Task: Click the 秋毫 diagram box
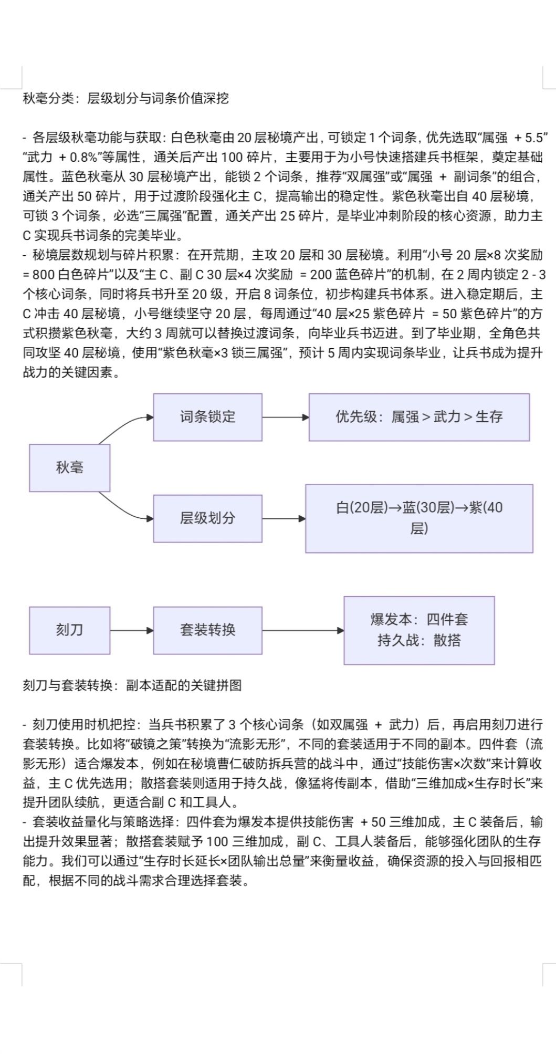coord(69,467)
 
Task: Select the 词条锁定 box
coord(207,417)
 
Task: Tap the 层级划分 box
coord(207,518)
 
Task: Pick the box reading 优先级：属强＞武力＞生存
coord(419,417)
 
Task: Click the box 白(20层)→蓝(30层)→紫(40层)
coord(419,518)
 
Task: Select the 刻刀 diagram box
coord(69,630)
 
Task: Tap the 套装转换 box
coord(207,630)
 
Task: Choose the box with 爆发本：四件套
coord(419,620)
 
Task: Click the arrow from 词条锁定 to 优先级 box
coord(285,418)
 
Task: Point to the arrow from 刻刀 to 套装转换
coord(131,630)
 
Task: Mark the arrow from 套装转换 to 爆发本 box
coord(302,630)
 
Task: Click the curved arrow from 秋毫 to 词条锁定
coord(123,424)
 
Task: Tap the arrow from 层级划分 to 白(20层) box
coord(284,519)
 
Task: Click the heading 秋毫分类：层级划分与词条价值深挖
coord(126,98)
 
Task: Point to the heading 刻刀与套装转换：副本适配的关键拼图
coord(132,685)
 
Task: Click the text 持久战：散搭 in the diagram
coord(419,641)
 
